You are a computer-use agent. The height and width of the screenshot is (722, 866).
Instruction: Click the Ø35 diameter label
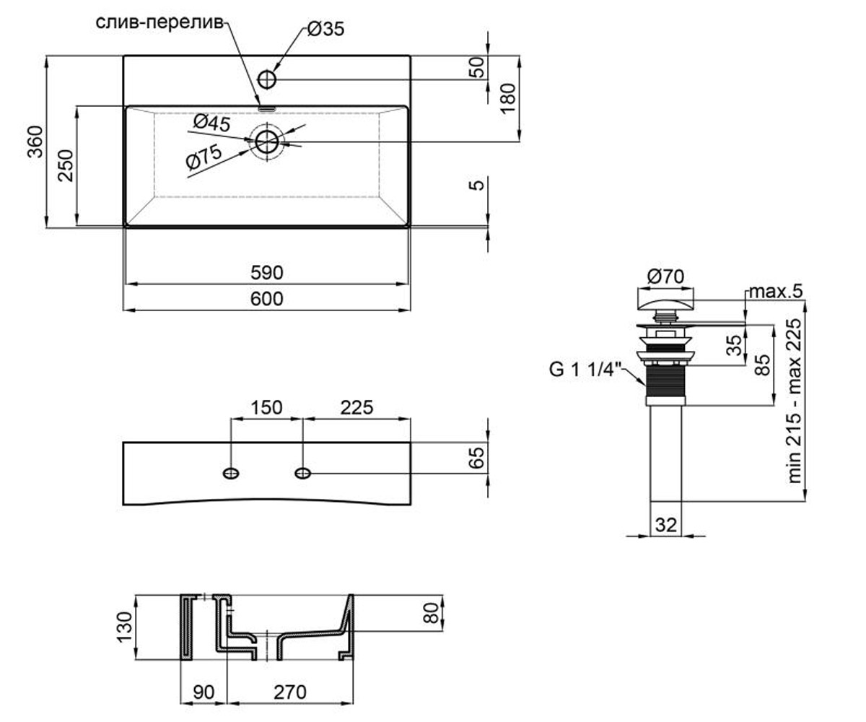pyautogui.click(x=325, y=29)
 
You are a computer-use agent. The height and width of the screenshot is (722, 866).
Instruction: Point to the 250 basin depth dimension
pyautogui.click(x=66, y=165)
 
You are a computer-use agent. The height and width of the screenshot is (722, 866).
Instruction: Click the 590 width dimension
pyautogui.click(x=267, y=273)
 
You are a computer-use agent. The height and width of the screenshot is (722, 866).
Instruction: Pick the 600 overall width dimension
pyautogui.click(x=267, y=299)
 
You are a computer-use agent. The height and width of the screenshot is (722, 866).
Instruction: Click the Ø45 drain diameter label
pyautogui.click(x=212, y=123)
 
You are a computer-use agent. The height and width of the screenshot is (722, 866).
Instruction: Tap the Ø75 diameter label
pyautogui.click(x=204, y=157)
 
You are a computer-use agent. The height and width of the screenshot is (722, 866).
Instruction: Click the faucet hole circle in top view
pyautogui.click(x=267, y=79)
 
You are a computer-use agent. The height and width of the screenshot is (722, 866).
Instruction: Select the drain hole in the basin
pyautogui.click(x=267, y=142)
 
